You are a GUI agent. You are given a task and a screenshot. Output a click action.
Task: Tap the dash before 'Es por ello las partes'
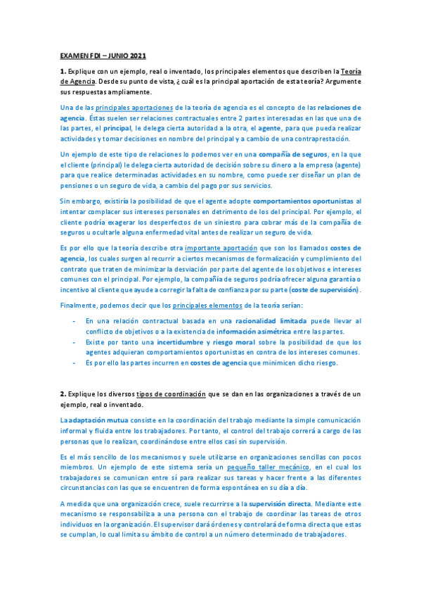point(75,363)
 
